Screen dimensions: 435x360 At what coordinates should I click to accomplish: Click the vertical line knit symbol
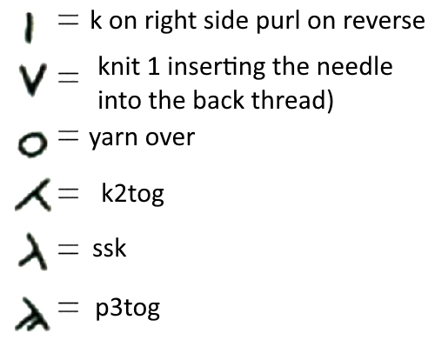click(x=29, y=28)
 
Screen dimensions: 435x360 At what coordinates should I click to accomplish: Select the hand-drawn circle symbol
click(x=32, y=144)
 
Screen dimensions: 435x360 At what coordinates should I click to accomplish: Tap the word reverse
click(x=384, y=22)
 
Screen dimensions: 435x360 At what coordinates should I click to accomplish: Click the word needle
click(x=355, y=66)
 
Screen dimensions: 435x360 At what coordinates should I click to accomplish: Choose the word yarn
click(x=113, y=139)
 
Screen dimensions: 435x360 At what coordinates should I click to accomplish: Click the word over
click(x=170, y=138)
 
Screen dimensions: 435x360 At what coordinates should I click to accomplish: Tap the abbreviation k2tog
click(x=132, y=194)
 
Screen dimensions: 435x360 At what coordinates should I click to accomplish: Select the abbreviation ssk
click(x=110, y=249)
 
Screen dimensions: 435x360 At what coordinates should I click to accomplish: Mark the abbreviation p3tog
click(x=128, y=309)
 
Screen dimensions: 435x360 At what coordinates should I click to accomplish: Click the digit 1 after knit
click(x=154, y=66)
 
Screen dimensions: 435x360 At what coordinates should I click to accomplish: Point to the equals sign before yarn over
click(x=68, y=137)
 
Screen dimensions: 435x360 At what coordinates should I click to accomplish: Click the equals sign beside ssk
click(x=68, y=250)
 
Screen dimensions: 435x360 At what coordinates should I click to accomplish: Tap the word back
click(x=218, y=100)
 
